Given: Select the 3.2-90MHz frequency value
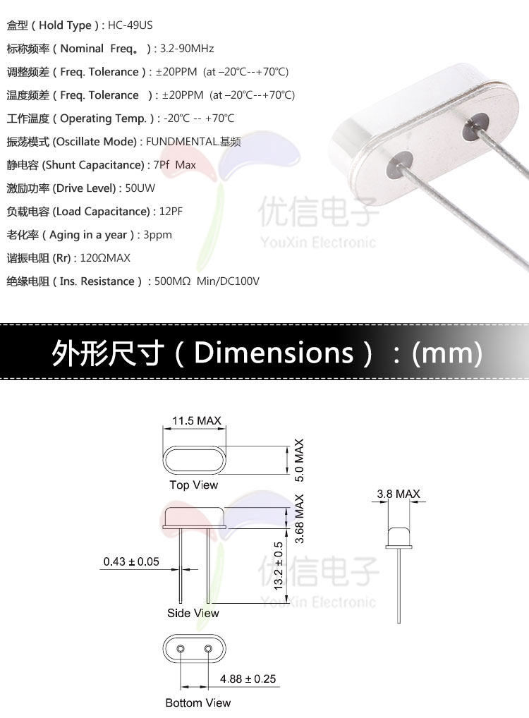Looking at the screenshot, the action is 187,49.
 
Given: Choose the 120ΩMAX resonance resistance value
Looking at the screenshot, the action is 105,258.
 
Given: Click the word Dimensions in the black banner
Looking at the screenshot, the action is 274,353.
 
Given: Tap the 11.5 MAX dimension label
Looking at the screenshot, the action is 197,421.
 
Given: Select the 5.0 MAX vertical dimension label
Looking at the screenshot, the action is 299,460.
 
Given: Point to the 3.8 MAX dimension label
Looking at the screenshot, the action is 399,494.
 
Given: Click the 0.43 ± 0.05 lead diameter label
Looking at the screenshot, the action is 131,562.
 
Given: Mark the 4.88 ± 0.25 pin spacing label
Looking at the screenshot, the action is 248,679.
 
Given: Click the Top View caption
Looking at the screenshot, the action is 194,485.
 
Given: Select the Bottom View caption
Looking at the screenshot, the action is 198,702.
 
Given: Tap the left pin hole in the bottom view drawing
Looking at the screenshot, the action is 181,648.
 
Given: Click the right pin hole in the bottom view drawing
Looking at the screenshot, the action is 208,648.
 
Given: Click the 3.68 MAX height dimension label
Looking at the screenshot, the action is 299,520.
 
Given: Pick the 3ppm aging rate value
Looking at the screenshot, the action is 157,235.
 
